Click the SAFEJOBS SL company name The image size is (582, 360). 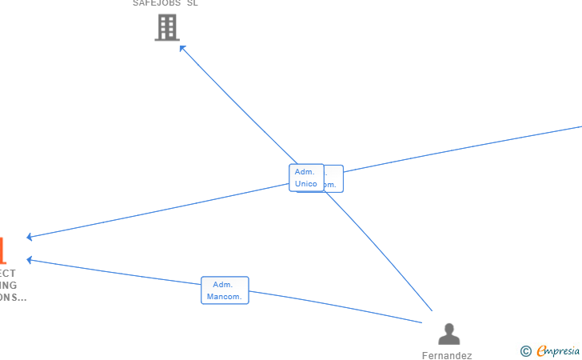pos(165,3)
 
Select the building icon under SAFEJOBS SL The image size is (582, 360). pos(166,28)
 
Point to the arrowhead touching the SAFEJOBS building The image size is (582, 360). pos(182,48)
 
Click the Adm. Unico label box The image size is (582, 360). pos(306,178)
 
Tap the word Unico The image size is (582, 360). pos(305,184)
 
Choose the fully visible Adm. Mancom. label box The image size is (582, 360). pos(225,290)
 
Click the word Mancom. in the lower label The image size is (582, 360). pos(225,297)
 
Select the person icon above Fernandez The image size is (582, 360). pos(449,334)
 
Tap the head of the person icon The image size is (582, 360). pos(449,328)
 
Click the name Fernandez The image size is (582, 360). pos(447,356)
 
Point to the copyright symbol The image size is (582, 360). pos(525,350)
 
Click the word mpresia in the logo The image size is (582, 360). pos(564,350)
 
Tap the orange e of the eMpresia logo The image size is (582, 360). pos(541,350)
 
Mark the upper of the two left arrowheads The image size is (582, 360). pos(30,237)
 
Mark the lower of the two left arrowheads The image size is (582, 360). pos(30,259)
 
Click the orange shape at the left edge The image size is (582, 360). pos(2,250)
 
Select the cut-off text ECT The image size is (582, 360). pos(7,274)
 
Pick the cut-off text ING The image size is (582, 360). pos(8,286)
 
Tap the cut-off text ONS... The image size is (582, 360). pos(13,298)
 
